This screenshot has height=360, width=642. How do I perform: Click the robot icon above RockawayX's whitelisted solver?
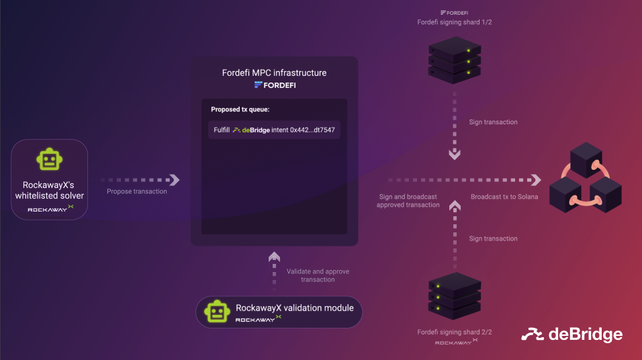(x=50, y=159)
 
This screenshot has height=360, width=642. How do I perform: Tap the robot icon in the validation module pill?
(x=217, y=312)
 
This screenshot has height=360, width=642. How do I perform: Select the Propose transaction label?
(x=137, y=191)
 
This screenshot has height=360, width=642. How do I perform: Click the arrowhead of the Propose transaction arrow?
(x=175, y=180)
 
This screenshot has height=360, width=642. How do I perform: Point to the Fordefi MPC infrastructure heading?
(x=274, y=73)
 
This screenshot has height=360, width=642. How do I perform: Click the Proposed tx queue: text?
(x=240, y=109)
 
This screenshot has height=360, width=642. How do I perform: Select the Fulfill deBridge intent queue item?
(x=274, y=130)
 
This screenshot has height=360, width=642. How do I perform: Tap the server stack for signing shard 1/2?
(x=455, y=60)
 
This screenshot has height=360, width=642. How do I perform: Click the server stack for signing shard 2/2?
(x=455, y=296)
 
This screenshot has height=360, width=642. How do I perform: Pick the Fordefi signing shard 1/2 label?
(x=455, y=22)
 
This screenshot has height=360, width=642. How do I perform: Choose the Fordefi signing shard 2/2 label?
(x=455, y=332)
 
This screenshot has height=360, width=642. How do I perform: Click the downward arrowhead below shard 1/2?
(x=455, y=154)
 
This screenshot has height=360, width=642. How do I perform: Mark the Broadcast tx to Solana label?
(x=504, y=197)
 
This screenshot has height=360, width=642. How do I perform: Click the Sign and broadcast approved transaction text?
(x=408, y=201)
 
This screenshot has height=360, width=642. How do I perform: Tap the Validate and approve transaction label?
(x=318, y=275)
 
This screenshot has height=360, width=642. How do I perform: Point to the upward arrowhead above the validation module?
(x=274, y=257)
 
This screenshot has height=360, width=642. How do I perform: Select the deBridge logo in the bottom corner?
(x=571, y=334)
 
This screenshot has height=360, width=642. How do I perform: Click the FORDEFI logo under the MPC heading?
(x=275, y=85)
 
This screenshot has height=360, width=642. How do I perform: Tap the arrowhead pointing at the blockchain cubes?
(x=537, y=180)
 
